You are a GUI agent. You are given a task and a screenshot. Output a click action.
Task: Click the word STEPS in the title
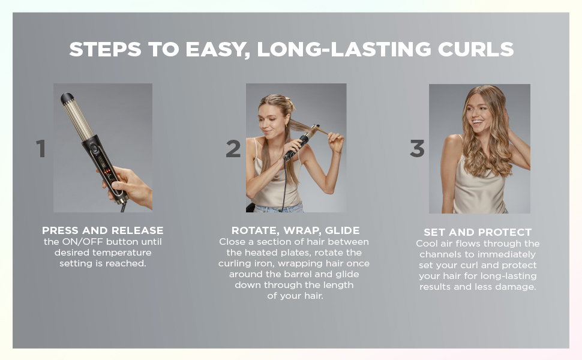coord(101,49)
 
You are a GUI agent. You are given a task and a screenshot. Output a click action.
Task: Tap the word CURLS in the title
coord(479,49)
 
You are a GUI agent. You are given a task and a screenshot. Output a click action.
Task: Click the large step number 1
coord(41,149)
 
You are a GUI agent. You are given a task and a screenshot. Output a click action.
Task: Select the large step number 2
coord(233,149)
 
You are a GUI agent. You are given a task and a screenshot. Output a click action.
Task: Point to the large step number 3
coord(417,149)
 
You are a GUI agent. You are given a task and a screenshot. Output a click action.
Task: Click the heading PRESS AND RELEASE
coord(103,230)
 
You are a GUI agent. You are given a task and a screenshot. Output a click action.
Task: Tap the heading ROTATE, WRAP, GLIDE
coord(295,230)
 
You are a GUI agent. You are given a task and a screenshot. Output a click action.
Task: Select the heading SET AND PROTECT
coord(478,232)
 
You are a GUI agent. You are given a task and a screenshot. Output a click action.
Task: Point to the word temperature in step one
coord(124,252)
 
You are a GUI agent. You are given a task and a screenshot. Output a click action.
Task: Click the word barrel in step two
coord(283,274)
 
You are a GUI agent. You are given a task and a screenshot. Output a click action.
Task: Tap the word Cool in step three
coord(428,243)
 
